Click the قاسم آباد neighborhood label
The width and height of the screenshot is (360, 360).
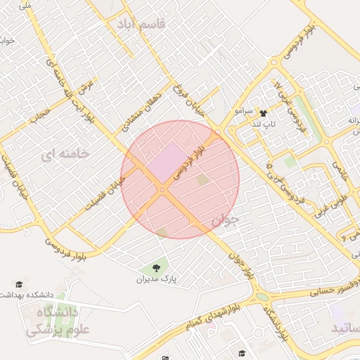pos(142,24)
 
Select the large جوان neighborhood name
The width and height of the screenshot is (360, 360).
pos(225,221)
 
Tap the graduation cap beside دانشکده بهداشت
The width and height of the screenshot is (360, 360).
pos(19,285)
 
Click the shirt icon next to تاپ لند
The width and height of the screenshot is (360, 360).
pos(263,113)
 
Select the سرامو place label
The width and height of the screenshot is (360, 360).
pos(243,111)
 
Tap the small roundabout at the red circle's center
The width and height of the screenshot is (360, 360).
pos(162,189)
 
